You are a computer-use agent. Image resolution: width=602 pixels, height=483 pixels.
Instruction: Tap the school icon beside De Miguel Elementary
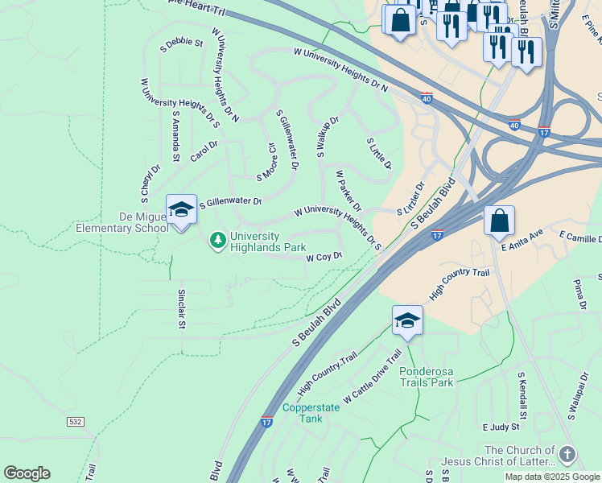[181, 210]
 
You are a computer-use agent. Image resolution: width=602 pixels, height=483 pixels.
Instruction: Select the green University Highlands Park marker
[216, 240]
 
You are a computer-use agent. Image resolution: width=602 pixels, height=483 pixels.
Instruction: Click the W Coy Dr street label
[324, 257]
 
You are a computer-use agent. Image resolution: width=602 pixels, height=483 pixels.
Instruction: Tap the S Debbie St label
[182, 42]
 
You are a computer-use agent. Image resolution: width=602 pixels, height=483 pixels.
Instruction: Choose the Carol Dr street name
[204, 151]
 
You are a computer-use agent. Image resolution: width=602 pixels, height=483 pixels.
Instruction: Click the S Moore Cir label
[266, 163]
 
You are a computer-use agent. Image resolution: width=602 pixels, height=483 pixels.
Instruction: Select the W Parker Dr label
[348, 190]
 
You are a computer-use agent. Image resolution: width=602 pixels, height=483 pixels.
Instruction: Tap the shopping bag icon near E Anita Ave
[499, 220]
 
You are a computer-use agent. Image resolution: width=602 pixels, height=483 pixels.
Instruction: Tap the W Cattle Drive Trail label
[373, 377]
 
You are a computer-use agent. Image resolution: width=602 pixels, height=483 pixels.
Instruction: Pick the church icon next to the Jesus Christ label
[567, 455]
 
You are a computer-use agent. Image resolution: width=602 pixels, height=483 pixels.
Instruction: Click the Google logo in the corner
[27, 473]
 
